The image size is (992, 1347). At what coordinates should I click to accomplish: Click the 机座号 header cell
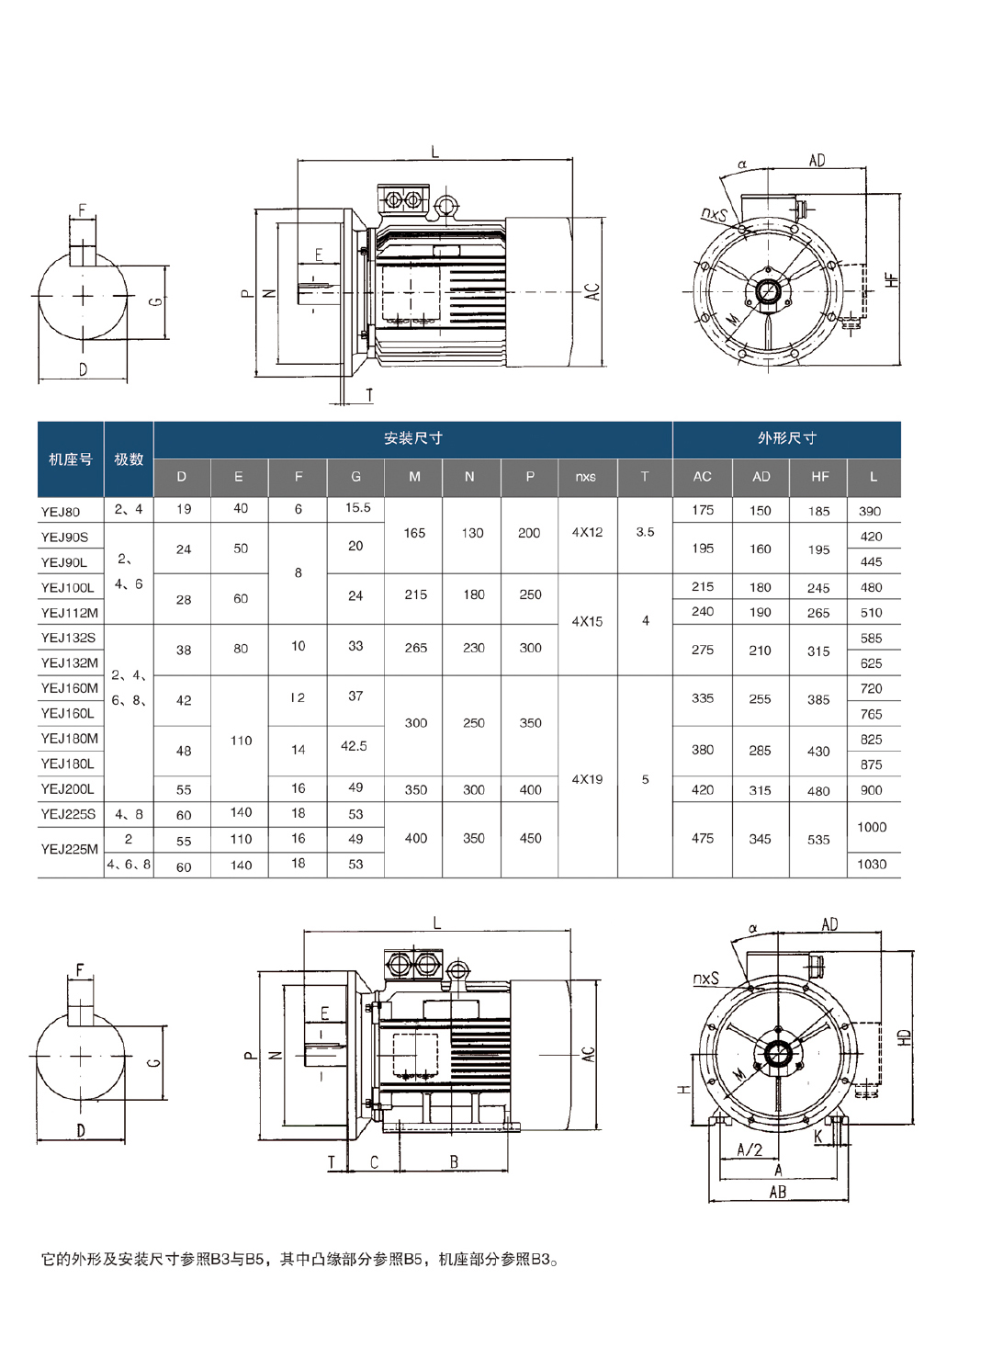pyautogui.click(x=71, y=459)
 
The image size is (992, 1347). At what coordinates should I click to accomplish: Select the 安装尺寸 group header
pyautogui.click(x=413, y=438)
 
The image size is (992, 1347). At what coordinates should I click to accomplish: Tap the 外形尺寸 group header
pyautogui.click(x=786, y=438)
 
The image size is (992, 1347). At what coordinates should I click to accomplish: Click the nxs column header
pyautogui.click(x=586, y=478)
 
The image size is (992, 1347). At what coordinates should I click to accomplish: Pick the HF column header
pyautogui.click(x=819, y=478)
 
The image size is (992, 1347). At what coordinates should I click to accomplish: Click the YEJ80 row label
pyautogui.click(x=61, y=513)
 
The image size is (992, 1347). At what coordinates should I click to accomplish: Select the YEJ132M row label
pyautogui.click(x=69, y=662)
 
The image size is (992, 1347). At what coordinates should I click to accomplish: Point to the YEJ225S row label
pyautogui.click(x=68, y=814)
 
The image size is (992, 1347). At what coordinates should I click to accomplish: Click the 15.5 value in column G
pyautogui.click(x=357, y=508)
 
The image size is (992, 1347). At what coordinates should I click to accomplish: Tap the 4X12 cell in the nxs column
pyautogui.click(x=587, y=532)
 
